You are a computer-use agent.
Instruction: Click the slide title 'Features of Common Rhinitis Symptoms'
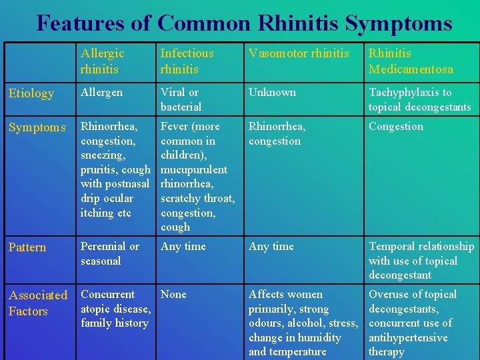click(x=244, y=23)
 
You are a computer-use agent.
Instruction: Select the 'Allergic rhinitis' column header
click(x=103, y=61)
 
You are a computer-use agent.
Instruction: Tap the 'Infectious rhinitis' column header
click(x=187, y=61)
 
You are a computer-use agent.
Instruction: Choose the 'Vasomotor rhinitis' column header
click(x=299, y=53)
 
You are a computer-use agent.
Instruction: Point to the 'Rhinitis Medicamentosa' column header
click(x=411, y=61)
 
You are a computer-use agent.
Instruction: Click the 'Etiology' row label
click(x=31, y=93)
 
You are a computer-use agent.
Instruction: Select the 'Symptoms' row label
click(x=37, y=127)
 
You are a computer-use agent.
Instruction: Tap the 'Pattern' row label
click(x=27, y=247)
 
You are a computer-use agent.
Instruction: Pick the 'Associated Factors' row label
click(x=38, y=303)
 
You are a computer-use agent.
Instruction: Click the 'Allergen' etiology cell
click(x=102, y=93)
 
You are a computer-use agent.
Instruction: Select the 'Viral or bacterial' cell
click(x=181, y=99)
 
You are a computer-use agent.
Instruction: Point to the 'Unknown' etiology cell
click(x=272, y=93)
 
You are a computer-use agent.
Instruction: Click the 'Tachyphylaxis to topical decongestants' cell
click(x=419, y=99)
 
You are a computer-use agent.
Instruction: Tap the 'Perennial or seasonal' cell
click(x=110, y=253)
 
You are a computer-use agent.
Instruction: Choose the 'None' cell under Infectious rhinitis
click(x=174, y=294)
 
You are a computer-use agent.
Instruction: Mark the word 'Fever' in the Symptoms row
click(x=175, y=126)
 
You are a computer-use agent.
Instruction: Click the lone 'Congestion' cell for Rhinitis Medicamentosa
click(x=396, y=126)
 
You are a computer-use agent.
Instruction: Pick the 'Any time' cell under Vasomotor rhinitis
click(x=271, y=247)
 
